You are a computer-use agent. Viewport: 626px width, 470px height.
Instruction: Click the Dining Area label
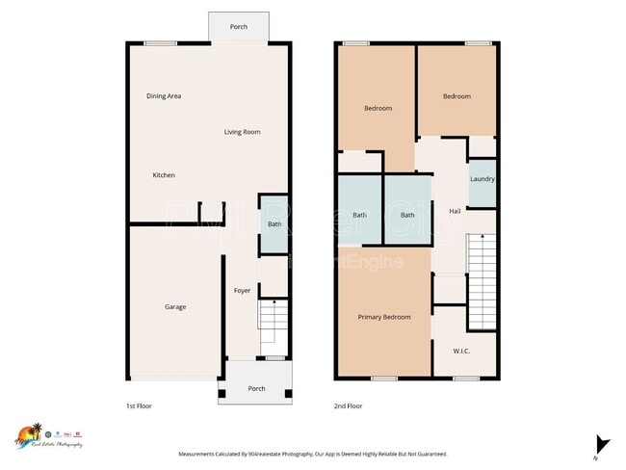tap(164, 96)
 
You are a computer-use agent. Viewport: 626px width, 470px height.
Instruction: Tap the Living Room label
tap(242, 132)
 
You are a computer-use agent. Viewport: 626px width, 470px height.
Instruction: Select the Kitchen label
tap(164, 175)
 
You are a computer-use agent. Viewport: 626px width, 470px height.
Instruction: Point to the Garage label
tap(174, 307)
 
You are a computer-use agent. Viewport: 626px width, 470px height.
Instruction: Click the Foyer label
tap(242, 290)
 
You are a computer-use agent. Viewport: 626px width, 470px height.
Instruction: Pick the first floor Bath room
tap(274, 224)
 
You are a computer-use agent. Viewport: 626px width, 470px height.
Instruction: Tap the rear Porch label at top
tap(238, 27)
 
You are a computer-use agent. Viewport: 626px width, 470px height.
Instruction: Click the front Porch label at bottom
tap(256, 389)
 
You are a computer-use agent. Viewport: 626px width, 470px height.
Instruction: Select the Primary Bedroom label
tap(383, 317)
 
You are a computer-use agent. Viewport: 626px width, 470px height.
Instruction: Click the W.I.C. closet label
tap(461, 351)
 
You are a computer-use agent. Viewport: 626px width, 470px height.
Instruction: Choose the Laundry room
tap(482, 179)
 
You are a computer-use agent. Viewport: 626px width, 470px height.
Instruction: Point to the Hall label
tap(454, 211)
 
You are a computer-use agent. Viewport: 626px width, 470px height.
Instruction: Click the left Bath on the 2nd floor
tap(359, 215)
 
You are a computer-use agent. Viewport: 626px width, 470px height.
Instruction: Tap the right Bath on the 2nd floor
tap(407, 215)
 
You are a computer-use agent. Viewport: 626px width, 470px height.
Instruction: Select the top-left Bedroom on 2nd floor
tap(378, 108)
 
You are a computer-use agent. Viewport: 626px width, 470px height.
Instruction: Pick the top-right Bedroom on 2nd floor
tap(456, 96)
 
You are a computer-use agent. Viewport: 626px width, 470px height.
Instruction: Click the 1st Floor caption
tap(139, 406)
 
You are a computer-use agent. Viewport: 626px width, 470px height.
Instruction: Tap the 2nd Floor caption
tap(348, 406)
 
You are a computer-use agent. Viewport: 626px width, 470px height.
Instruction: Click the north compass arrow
tap(602, 444)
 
